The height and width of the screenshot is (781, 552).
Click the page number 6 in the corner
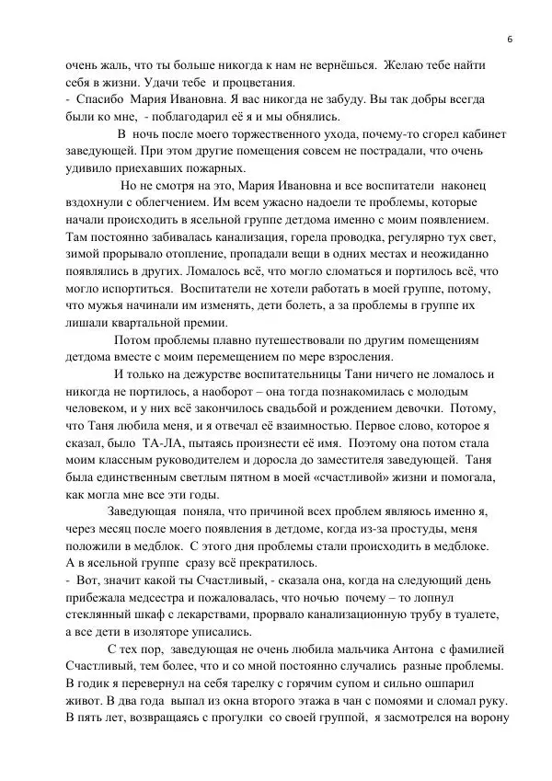click(x=509, y=38)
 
